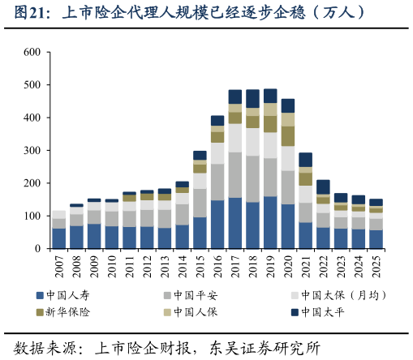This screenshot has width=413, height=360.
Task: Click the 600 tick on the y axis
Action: pos(32,52)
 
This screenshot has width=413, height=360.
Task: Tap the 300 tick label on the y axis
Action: pos(32,151)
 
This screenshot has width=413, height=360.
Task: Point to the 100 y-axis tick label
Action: pos(32,216)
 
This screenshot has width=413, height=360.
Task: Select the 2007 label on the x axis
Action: pos(59,264)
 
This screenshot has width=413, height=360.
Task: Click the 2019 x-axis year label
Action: pos(270,264)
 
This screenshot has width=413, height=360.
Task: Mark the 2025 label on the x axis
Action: pos(376,264)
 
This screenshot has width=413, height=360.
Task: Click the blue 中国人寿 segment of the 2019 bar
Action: pos(270,223)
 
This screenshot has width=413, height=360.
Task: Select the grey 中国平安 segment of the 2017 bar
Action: pos(235,174)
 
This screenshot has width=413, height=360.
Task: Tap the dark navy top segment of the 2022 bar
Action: pos(323,186)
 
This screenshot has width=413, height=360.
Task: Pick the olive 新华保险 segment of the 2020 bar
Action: pos(288,135)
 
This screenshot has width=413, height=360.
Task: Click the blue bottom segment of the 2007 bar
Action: pos(59,238)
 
